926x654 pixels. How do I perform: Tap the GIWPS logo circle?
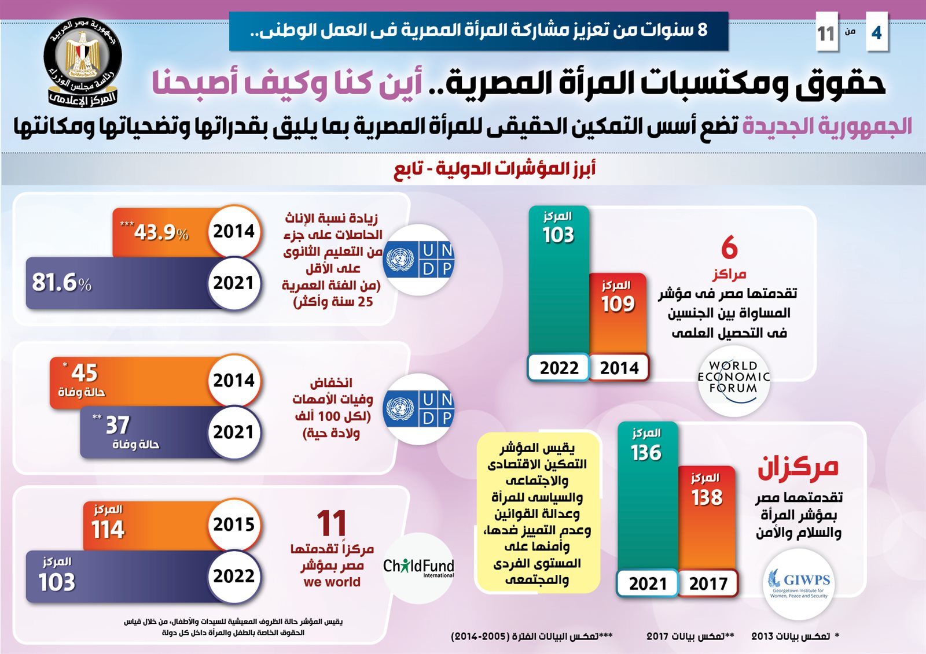point(799,583)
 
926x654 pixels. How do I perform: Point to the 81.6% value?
point(61,282)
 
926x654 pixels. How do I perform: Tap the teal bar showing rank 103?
point(558,283)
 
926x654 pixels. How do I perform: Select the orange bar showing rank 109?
point(618,315)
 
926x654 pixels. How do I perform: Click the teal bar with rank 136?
point(647,497)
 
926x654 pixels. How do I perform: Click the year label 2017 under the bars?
point(708,583)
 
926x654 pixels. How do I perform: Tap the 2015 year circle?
point(234,524)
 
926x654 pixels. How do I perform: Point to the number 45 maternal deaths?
point(84,373)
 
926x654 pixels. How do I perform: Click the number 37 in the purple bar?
point(117,425)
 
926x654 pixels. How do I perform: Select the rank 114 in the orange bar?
point(108,529)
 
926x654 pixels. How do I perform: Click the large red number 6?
point(729,247)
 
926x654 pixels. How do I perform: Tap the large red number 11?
point(332,523)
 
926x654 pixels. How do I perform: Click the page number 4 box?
point(876,32)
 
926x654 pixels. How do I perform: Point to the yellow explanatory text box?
point(538,513)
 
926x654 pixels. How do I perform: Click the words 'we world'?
point(332,582)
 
